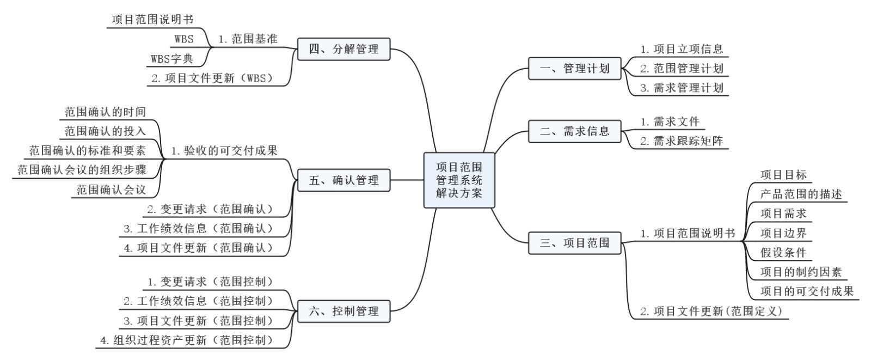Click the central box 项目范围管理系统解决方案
(459, 180)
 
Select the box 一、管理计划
(574, 69)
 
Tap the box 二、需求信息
(574, 131)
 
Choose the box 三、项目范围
(574, 243)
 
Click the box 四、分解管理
(344, 49)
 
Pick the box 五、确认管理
(344, 180)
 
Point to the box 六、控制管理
(344, 312)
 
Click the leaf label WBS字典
(172, 59)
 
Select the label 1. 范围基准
(248, 39)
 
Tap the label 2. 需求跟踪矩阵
(682, 141)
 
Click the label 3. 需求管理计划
(682, 88)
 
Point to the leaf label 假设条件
(783, 253)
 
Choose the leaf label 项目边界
(783, 233)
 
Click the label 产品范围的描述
(801, 194)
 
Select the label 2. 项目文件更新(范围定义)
(711, 312)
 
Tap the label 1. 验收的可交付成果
(224, 151)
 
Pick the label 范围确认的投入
(105, 131)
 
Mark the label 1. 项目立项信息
(682, 49)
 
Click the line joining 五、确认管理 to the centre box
(407, 180)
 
